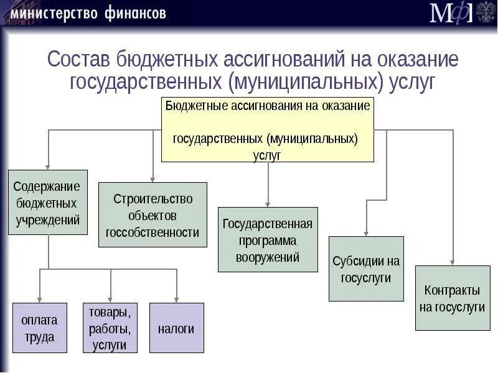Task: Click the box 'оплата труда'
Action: click(39, 328)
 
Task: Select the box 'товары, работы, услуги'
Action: click(110, 328)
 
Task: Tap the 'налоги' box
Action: click(176, 328)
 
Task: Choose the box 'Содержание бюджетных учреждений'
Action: click(47, 202)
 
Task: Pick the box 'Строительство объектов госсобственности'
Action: click(153, 215)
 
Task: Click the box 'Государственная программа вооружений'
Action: click(268, 240)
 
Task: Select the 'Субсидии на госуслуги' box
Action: click(366, 269)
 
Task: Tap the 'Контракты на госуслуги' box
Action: click(452, 298)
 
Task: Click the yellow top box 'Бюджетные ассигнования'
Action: click(268, 129)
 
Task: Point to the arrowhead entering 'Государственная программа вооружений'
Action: click(268, 203)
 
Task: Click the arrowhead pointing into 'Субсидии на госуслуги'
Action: click(366, 232)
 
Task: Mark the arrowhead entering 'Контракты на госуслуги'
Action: click(453, 261)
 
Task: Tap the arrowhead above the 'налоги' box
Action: click(177, 298)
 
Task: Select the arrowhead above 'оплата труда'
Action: click(40, 298)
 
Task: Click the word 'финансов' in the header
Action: click(132, 13)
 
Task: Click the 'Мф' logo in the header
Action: click(451, 12)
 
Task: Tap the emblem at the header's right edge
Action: click(486, 12)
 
